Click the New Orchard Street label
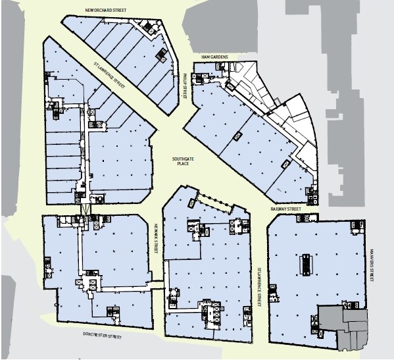pyautogui.click(x=105, y=11)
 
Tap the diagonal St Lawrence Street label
pyautogui.click(x=109, y=75)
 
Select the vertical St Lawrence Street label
pyautogui.click(x=260, y=286)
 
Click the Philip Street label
pyautogui.click(x=185, y=86)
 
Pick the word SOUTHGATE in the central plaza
pyautogui.click(x=183, y=159)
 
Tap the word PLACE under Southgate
pyautogui.click(x=183, y=163)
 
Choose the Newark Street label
pyautogui.click(x=156, y=239)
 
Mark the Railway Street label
pyautogui.click(x=285, y=209)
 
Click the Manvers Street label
pyautogui.click(x=372, y=265)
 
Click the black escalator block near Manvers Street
pyautogui.click(x=306, y=265)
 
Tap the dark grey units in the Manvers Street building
pyautogui.click(x=343, y=328)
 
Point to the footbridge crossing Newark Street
pyautogui.click(x=158, y=284)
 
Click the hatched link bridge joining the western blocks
pyautogui.click(x=86, y=209)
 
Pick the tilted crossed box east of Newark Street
pyautogui.click(x=192, y=203)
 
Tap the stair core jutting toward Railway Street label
pyautogui.click(x=307, y=218)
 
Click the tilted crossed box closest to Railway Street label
pyautogui.click(x=285, y=165)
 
